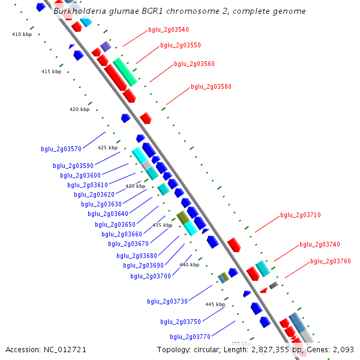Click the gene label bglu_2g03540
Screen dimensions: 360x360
coord(168,29)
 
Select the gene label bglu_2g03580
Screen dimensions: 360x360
coord(211,86)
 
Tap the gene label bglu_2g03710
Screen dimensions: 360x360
coord(301,215)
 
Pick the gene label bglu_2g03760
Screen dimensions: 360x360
coord(331,261)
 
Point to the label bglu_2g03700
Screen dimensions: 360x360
coord(151,276)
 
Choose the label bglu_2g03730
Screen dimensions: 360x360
coord(167,301)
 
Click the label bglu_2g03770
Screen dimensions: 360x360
coord(190,337)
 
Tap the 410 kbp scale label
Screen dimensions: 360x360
coord(22,34)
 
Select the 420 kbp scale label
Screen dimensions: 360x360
coord(79,109)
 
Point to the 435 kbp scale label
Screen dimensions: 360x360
coord(162,225)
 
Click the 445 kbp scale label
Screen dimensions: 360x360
coord(215,304)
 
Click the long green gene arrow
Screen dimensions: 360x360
coord(125,71)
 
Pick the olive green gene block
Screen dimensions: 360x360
coord(182,217)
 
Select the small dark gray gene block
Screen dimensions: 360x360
coord(273,286)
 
